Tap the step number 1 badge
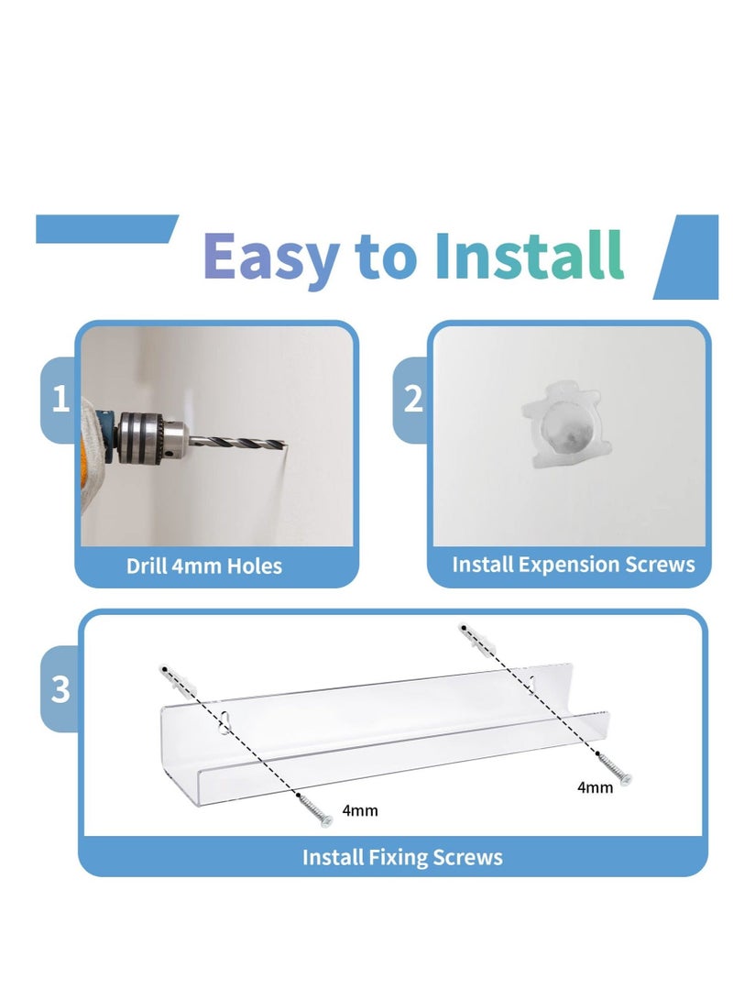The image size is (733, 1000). [x=60, y=400]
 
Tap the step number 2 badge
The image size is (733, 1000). [x=413, y=400]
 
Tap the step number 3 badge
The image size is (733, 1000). [x=60, y=689]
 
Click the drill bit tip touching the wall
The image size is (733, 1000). [x=285, y=446]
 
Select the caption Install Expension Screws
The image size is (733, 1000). [x=573, y=564]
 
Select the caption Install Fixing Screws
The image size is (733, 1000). [x=402, y=857]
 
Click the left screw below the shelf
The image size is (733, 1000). [x=317, y=811]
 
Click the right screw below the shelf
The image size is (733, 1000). [x=616, y=768]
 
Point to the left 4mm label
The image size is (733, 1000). [x=359, y=810]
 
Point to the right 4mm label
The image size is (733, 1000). [x=595, y=787]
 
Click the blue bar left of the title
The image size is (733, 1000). [x=105, y=229]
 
